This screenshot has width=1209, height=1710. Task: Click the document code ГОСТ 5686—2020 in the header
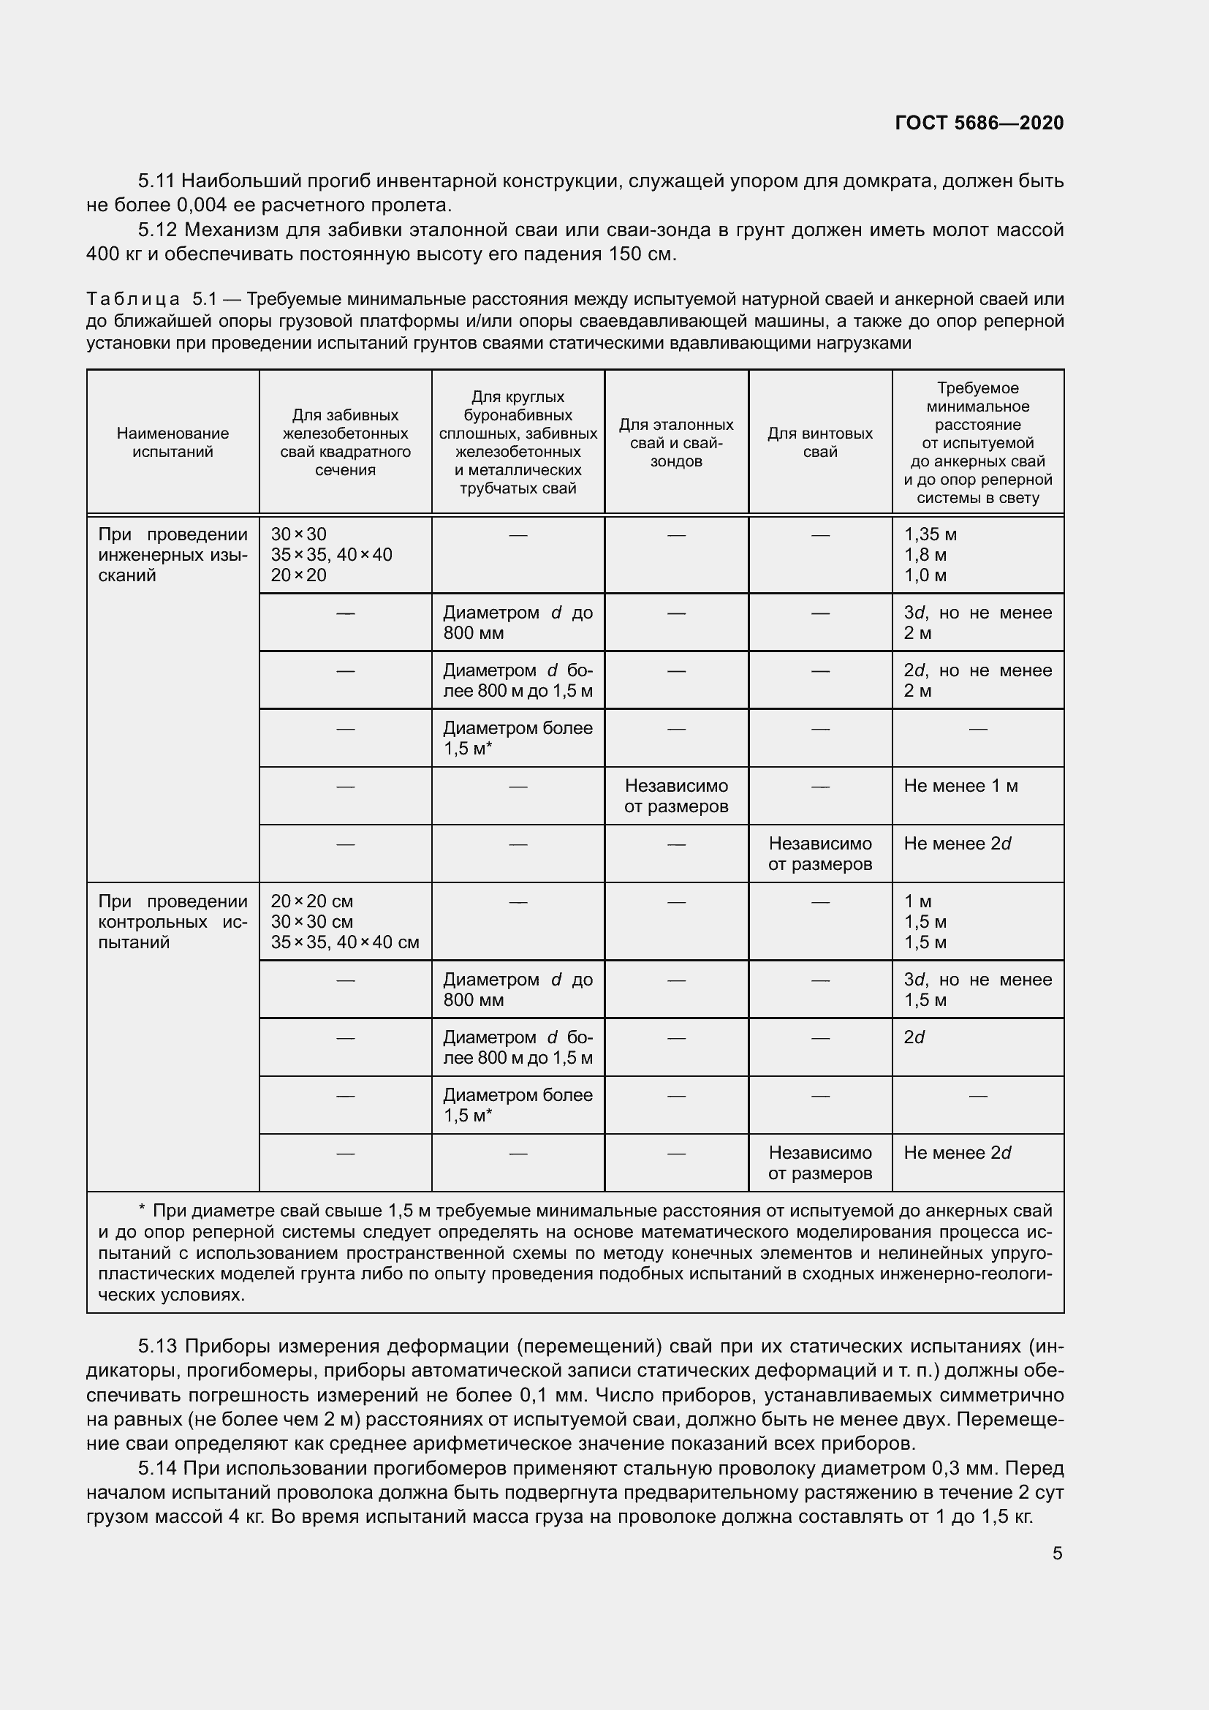click(979, 123)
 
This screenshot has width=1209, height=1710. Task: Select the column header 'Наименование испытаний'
click(173, 442)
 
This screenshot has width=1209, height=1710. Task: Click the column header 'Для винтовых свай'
click(819, 442)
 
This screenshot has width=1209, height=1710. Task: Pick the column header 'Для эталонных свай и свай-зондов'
click(676, 442)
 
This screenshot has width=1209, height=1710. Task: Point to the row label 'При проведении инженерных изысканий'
click(173, 555)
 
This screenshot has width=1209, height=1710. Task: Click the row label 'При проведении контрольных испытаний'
click(173, 922)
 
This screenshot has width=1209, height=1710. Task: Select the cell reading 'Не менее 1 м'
click(960, 786)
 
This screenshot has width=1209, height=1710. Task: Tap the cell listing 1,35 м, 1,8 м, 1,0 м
click(931, 555)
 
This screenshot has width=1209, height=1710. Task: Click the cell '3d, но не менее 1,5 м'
click(977, 990)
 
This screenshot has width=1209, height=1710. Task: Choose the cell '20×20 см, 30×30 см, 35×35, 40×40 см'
click(345, 922)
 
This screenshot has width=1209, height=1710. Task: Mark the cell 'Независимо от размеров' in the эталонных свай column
click(676, 796)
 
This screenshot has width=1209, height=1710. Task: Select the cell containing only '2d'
click(914, 1037)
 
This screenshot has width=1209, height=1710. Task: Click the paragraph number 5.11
click(156, 181)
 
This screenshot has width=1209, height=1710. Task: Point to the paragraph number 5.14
click(157, 1469)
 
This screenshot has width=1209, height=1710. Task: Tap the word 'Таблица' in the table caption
click(133, 300)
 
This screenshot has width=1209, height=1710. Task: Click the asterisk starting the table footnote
click(143, 1210)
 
